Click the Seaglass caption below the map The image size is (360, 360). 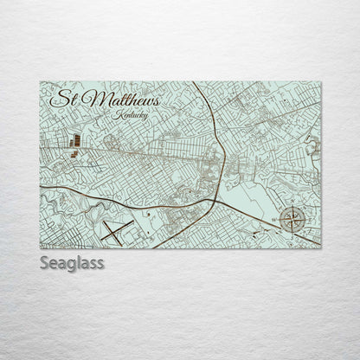click(x=71, y=263)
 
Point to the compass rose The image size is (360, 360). click(x=292, y=221)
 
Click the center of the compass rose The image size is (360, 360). click(x=292, y=221)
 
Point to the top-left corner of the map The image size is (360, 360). click(x=40, y=82)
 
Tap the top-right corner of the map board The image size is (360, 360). click(x=320, y=82)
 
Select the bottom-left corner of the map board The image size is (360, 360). click(x=40, y=247)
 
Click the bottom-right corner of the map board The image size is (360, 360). click(x=320, y=247)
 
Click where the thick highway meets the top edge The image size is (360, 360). click(x=195, y=83)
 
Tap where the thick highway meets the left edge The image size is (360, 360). click(x=42, y=186)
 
